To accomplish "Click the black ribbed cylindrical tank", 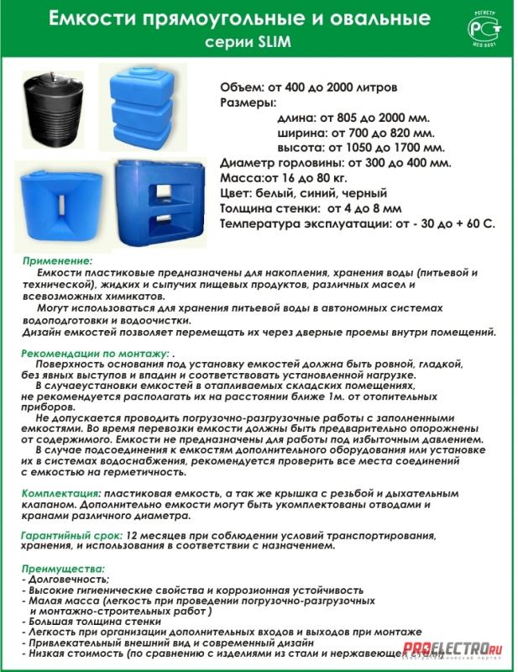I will (53, 108).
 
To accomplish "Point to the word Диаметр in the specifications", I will (248, 163).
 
